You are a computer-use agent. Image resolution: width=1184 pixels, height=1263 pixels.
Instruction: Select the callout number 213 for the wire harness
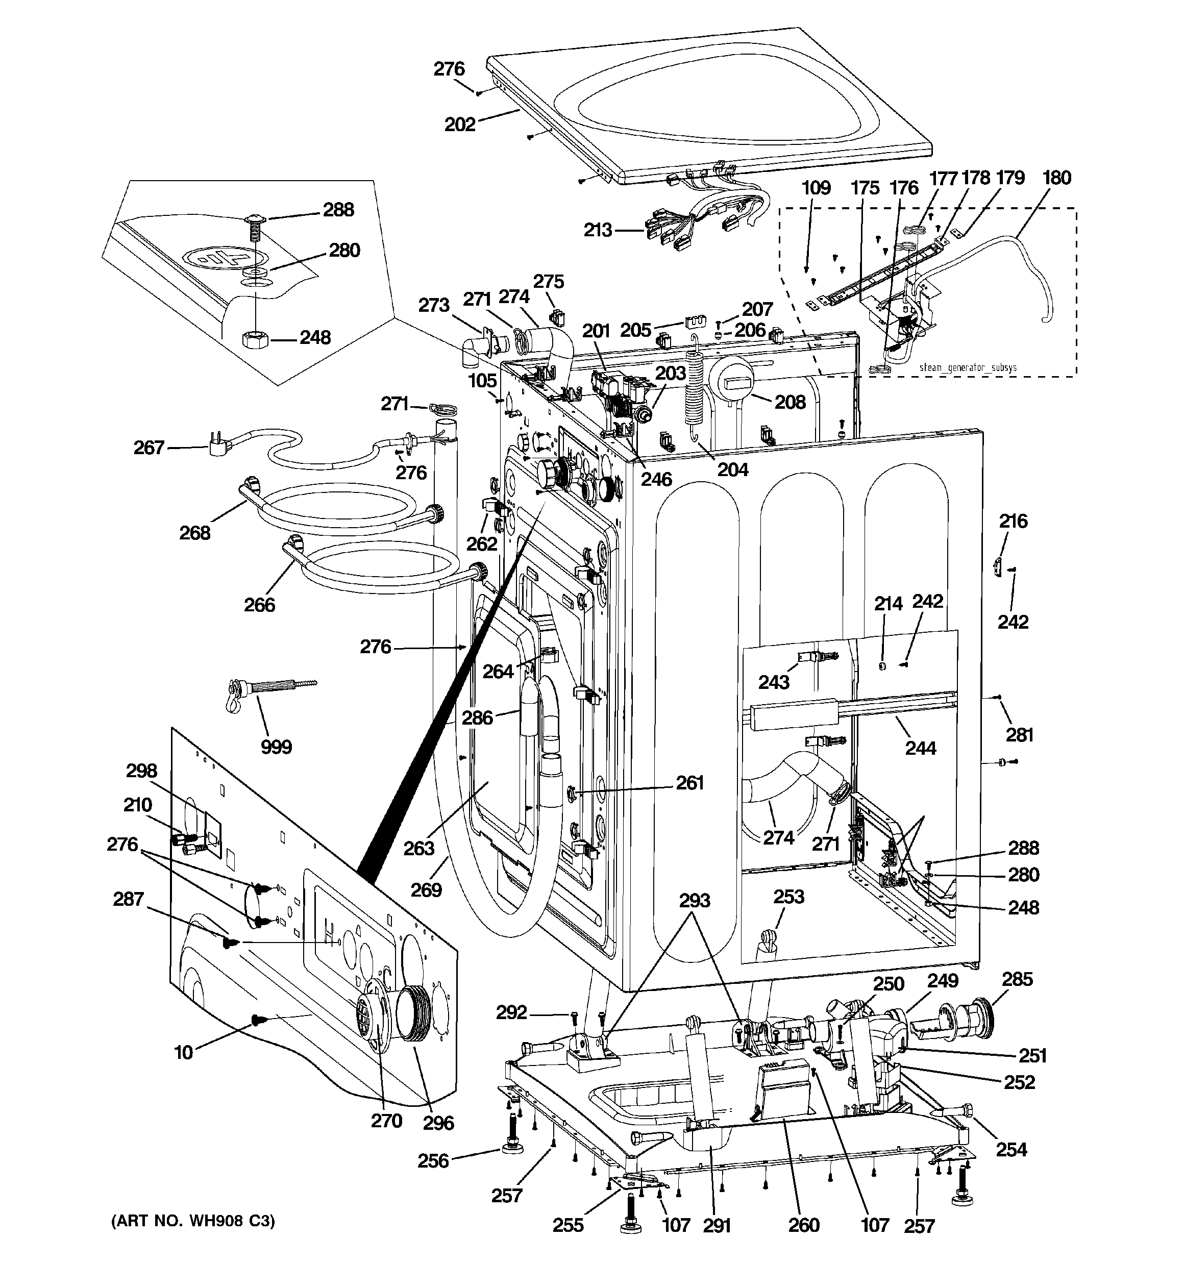tap(598, 230)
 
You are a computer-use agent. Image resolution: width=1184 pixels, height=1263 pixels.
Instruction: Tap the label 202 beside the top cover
tap(459, 124)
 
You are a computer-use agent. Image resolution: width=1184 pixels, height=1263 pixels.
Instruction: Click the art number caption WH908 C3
tap(192, 1221)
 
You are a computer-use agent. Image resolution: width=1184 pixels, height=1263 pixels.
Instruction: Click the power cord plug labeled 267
tap(215, 440)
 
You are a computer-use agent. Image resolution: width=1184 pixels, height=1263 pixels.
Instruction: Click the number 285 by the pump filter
tap(1017, 979)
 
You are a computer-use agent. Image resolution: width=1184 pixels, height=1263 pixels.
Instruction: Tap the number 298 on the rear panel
tap(141, 771)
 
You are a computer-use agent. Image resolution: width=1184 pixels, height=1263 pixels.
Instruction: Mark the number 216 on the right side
tap(1013, 521)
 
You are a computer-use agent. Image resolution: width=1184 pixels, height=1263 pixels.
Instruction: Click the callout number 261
tap(689, 782)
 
